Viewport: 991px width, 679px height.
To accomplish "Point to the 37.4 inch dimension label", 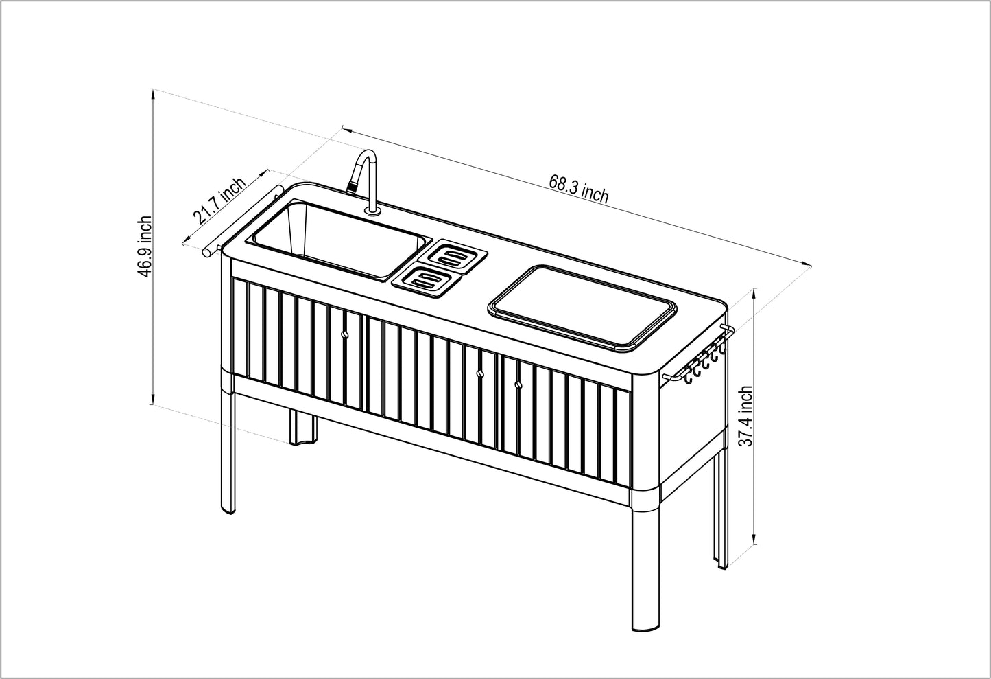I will [745, 416].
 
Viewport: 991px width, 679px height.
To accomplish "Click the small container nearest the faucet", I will [457, 256].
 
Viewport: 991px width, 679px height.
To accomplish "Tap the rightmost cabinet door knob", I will [518, 384].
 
